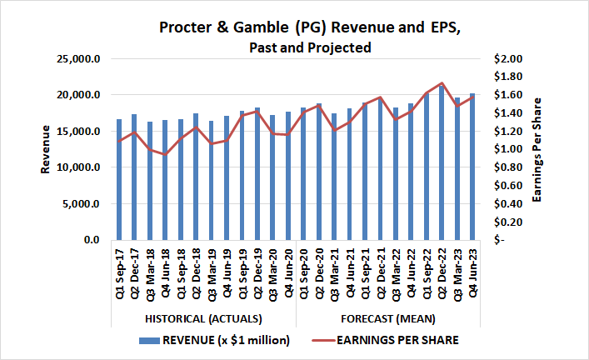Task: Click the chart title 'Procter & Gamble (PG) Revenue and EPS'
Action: pos(309,28)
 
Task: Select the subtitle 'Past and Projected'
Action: pos(309,47)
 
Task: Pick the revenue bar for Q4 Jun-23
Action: pos(472,167)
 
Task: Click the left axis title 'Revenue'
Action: pos(46,149)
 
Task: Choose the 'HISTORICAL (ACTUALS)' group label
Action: pos(204,319)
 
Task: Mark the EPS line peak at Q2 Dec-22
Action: pos(442,83)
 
